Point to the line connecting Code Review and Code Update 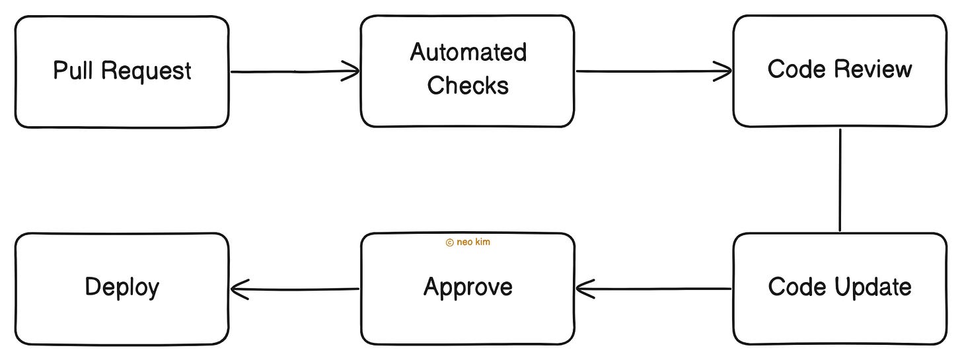click(x=840, y=180)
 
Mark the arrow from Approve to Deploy click(x=294, y=289)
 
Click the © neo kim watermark click(x=468, y=242)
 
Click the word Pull click(x=73, y=71)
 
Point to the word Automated click(x=468, y=52)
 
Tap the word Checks click(x=468, y=85)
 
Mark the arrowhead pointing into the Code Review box click(x=723, y=71)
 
